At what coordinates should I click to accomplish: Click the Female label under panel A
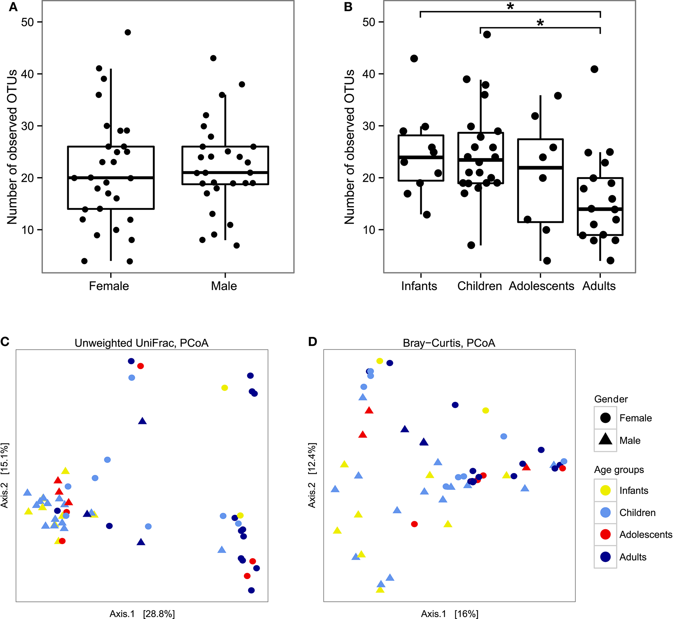(x=109, y=286)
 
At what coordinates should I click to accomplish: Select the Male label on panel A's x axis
(x=224, y=286)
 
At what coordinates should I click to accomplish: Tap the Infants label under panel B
(x=419, y=286)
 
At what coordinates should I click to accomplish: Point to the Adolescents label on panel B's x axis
(x=542, y=286)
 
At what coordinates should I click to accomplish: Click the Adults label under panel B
(x=599, y=286)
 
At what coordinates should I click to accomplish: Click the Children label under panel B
(x=480, y=286)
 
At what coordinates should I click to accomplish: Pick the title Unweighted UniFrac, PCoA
(x=141, y=343)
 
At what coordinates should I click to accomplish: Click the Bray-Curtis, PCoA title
(x=449, y=343)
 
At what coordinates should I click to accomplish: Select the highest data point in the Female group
(x=128, y=32)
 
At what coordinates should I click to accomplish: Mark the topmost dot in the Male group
(x=213, y=58)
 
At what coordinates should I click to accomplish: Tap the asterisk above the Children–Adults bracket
(x=540, y=23)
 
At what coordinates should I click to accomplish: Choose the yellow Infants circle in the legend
(x=605, y=490)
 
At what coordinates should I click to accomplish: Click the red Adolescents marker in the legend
(x=605, y=535)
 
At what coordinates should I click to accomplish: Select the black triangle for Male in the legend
(x=605, y=440)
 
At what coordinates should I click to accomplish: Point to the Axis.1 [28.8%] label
(x=142, y=614)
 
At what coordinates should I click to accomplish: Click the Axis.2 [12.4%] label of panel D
(x=312, y=475)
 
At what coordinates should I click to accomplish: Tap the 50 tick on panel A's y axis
(x=27, y=22)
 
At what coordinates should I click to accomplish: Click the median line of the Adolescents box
(x=540, y=167)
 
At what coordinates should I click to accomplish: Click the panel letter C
(x=5, y=342)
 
